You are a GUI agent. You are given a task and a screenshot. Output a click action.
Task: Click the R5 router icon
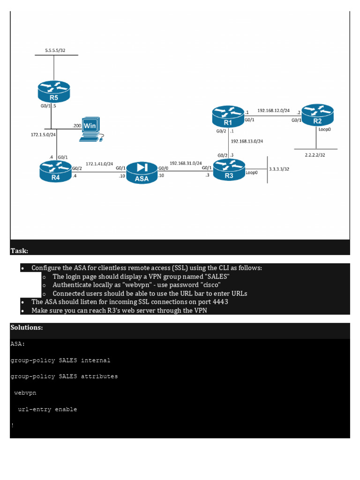[54, 91]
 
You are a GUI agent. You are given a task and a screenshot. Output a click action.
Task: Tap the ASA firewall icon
[142, 172]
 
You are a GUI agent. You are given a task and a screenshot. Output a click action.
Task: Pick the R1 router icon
[228, 116]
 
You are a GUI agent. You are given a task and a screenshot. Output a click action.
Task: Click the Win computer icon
[90, 128]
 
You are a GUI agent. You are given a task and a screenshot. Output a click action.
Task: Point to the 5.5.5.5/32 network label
[55, 49]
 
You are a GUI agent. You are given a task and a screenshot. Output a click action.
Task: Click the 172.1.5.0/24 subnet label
[43, 135]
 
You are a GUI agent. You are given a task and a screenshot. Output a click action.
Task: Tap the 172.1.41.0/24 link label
[99, 164]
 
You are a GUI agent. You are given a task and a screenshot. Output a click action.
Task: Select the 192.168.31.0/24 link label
[185, 163]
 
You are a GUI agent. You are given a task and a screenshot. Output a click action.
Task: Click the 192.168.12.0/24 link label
[273, 111]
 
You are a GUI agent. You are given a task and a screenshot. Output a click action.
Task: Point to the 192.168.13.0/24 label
[247, 141]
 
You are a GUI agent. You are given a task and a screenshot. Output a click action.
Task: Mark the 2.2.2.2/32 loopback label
[315, 154]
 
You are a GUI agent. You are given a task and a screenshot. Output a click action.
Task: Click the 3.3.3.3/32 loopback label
[279, 169]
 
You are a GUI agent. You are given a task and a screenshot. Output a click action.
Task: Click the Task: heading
[19, 251]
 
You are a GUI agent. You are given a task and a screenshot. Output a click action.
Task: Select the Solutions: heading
[27, 327]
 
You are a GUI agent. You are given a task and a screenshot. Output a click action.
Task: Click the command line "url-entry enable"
[47, 409]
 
